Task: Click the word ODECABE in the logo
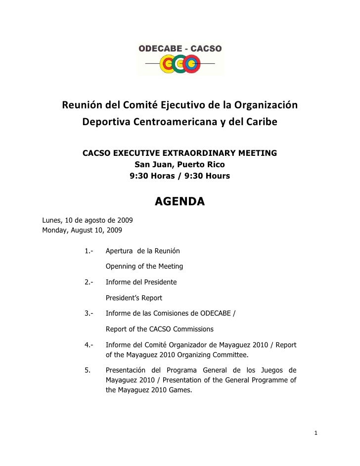(158, 48)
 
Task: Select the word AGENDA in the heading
(180, 202)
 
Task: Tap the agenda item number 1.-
(90, 251)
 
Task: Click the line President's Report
(134, 298)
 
